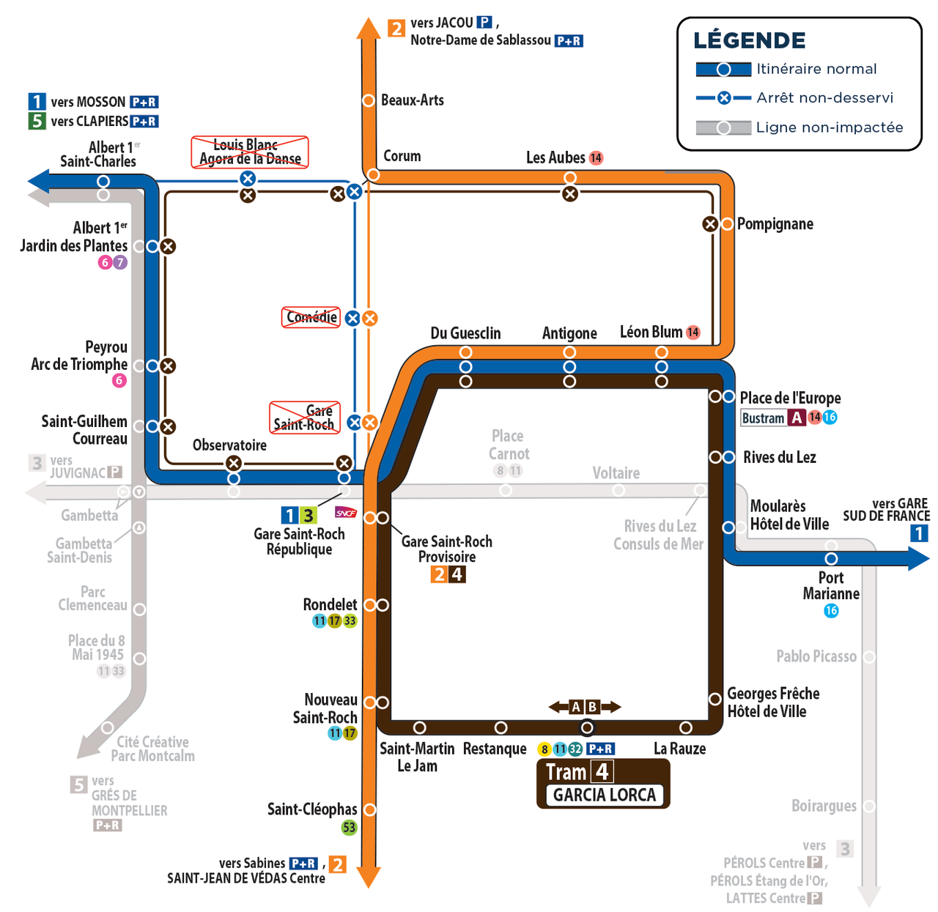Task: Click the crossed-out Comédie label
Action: pyautogui.click(x=311, y=317)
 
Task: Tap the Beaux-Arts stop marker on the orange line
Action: pyautogui.click(x=369, y=100)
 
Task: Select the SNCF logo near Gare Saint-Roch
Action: pyautogui.click(x=346, y=512)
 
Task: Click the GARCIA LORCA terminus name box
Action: pyautogui.click(x=604, y=795)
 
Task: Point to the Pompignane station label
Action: pyautogui.click(x=775, y=224)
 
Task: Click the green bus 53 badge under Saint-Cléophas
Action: pyautogui.click(x=349, y=828)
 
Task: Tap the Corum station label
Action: pyautogui.click(x=402, y=155)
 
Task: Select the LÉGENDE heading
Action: pyautogui.click(x=749, y=40)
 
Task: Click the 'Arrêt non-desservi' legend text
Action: pyautogui.click(x=824, y=98)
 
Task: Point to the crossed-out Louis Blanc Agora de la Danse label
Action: pyautogui.click(x=250, y=152)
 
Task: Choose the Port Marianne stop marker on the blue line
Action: pyautogui.click(x=831, y=558)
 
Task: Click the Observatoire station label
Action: pyautogui.click(x=229, y=445)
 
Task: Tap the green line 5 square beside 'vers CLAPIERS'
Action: pyautogui.click(x=37, y=121)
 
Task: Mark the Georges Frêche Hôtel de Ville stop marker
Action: pyautogui.click(x=714, y=699)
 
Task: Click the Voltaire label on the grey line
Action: pyautogui.click(x=616, y=473)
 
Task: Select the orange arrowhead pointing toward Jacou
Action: pyautogui.click(x=369, y=28)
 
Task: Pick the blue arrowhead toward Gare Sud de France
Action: pyautogui.click(x=919, y=559)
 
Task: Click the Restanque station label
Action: pyautogui.click(x=495, y=748)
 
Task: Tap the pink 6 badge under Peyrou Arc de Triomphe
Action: pyautogui.click(x=119, y=380)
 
